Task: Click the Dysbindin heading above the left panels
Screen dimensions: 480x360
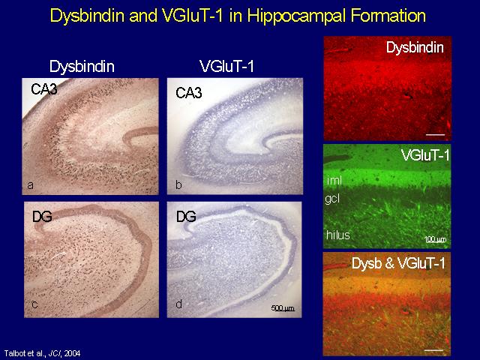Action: [x=82, y=67]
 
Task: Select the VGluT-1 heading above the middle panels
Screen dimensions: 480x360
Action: [x=226, y=66]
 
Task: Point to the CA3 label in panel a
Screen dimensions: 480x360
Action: [x=44, y=89]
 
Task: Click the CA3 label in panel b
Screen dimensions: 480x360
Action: [x=189, y=93]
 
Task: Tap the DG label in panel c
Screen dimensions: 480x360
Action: [x=42, y=217]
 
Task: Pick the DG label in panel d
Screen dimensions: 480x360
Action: [x=186, y=217]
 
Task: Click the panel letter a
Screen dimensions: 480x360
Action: [x=30, y=185]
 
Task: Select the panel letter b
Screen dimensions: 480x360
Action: [x=178, y=184]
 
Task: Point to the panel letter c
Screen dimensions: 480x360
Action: [x=35, y=304]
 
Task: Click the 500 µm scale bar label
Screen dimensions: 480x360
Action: [x=283, y=308]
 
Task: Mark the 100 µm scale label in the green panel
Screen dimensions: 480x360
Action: [x=435, y=239]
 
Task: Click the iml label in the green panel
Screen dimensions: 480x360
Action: [x=334, y=180]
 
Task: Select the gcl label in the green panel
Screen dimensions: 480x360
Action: [x=332, y=199]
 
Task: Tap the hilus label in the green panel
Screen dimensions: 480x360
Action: [x=338, y=235]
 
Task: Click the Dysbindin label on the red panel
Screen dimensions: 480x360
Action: [x=415, y=47]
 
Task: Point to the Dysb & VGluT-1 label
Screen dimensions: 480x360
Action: [x=398, y=263]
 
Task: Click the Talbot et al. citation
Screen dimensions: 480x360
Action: [x=42, y=353]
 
